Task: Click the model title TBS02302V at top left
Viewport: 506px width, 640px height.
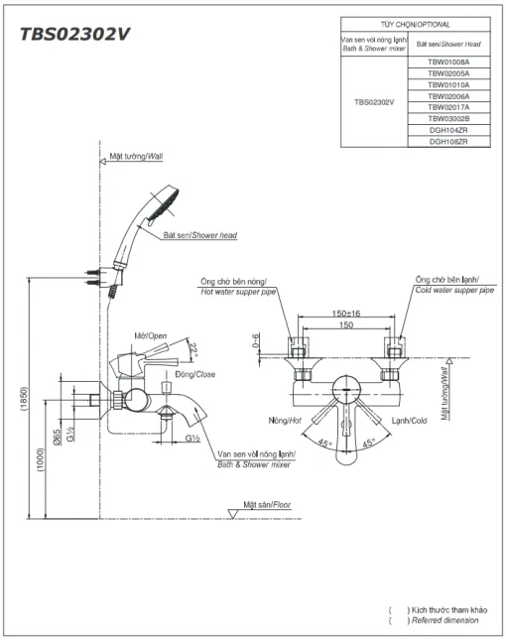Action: (74, 34)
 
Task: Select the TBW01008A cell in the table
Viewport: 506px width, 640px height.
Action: (448, 63)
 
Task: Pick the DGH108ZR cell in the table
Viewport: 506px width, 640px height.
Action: (448, 142)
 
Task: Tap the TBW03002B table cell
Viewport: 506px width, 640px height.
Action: (448, 119)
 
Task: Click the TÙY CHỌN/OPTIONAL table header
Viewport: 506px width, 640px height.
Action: (416, 25)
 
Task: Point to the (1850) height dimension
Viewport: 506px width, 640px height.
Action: (24, 398)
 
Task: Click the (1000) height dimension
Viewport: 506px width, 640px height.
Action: (40, 460)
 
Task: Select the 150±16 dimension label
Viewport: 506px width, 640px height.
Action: (346, 314)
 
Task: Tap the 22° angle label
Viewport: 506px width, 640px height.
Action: (192, 350)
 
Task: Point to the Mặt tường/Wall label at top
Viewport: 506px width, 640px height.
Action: (136, 157)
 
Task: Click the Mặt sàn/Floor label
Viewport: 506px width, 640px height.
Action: (267, 505)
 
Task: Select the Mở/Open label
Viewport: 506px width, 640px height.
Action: (151, 336)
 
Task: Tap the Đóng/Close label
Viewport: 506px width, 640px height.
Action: (195, 374)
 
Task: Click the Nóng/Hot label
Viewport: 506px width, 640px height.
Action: (285, 420)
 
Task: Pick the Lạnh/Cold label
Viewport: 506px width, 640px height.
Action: (410, 421)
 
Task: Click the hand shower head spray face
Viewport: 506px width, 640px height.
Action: (164, 206)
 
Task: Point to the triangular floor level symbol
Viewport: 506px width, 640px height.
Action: (232, 514)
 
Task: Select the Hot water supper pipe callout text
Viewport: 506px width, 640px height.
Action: (238, 292)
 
